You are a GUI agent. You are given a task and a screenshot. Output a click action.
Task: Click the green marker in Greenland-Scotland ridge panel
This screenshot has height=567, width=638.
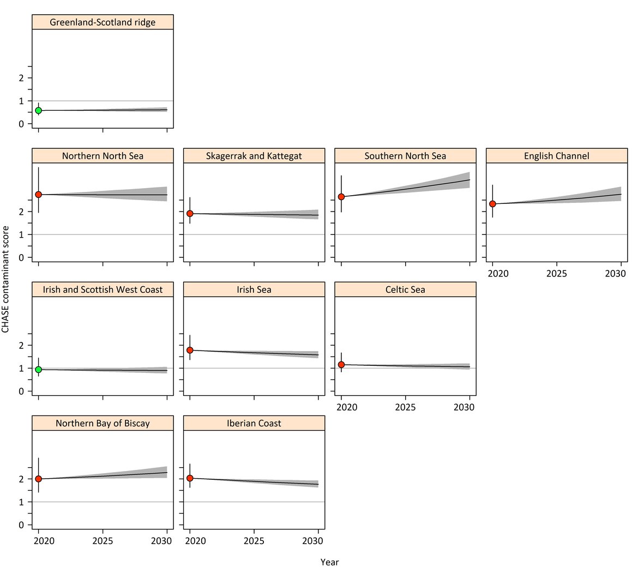coord(38,110)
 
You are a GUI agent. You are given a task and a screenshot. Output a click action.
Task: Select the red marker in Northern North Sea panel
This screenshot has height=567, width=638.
coord(38,195)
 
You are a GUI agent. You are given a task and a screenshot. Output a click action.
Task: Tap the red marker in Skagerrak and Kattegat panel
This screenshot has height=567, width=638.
coord(190,213)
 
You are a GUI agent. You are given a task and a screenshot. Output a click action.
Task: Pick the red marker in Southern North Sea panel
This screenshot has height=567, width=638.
coord(341,197)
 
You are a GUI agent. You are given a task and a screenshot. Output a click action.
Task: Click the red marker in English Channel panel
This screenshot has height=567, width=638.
coord(492,204)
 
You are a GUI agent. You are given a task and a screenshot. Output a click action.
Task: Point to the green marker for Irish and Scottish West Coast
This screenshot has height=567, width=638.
coord(38,370)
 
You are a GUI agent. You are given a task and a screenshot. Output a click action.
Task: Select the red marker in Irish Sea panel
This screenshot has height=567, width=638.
coord(190,350)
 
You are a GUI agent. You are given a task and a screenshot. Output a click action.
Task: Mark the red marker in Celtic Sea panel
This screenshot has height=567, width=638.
coord(341,365)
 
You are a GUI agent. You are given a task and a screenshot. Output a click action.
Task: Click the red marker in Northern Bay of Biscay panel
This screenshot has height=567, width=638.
coord(38,479)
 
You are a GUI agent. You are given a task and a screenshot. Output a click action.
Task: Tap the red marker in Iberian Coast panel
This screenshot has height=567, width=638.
coord(190,478)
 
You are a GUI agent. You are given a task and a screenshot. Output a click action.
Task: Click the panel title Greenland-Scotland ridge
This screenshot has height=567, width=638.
coord(103,22)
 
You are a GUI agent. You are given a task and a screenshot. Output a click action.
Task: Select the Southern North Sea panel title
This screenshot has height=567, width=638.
coord(405,156)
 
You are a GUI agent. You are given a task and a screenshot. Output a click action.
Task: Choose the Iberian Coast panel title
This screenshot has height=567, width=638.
coord(254,423)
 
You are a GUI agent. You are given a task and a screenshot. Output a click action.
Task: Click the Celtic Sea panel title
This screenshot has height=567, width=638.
coord(405,289)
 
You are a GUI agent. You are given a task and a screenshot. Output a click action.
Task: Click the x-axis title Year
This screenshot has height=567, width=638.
coord(329,562)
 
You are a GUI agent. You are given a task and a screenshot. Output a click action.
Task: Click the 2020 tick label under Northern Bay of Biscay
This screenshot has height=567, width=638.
coord(43,541)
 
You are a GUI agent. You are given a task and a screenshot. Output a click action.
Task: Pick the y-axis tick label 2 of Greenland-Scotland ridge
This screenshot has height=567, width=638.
coord(22,78)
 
